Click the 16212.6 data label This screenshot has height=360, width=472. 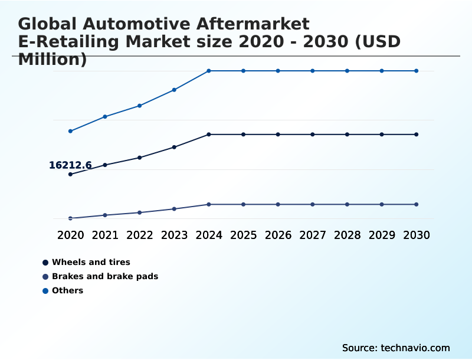point(70,165)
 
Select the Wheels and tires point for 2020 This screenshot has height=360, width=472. point(70,174)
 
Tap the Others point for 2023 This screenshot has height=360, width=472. point(174,90)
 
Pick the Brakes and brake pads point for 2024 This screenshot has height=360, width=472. point(209,204)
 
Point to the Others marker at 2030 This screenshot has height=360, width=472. point(416,71)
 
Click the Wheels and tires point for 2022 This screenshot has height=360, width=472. point(140,158)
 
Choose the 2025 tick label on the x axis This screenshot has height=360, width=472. point(243,235)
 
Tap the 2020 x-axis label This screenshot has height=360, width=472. point(70,235)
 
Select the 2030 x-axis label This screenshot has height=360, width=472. point(416,235)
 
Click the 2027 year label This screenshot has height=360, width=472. point(313,235)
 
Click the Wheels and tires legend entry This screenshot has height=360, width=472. point(91,262)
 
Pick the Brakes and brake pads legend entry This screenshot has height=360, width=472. point(104,276)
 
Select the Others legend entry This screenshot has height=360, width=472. point(67,290)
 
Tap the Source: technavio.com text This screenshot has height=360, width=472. point(396,348)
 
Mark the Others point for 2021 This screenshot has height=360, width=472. point(105,117)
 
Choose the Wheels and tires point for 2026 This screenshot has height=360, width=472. point(278,135)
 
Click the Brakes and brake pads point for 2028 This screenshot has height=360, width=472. point(347,204)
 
